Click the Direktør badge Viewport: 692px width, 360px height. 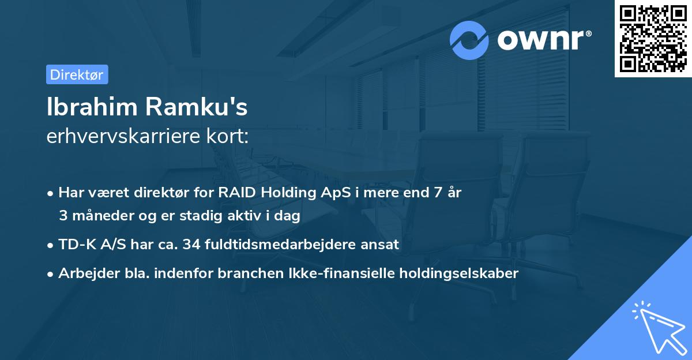click(77, 74)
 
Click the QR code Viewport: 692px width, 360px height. click(653, 39)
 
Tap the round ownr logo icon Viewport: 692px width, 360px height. click(469, 40)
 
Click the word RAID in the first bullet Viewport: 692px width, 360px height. click(236, 193)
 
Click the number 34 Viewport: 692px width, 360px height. click(190, 244)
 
